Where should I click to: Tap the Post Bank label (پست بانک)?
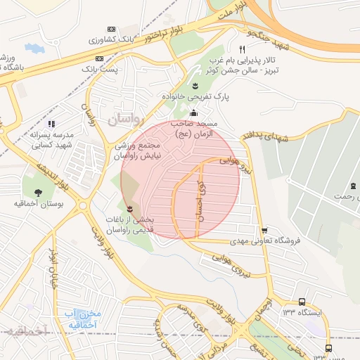(x=98, y=70)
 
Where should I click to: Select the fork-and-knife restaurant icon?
(x=242, y=49)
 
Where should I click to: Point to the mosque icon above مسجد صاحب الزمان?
(x=194, y=114)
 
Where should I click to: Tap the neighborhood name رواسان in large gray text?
(x=125, y=120)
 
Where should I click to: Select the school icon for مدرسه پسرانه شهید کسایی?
(x=50, y=124)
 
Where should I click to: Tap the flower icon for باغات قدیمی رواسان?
(x=129, y=209)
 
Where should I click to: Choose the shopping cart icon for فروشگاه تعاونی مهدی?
(x=264, y=230)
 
